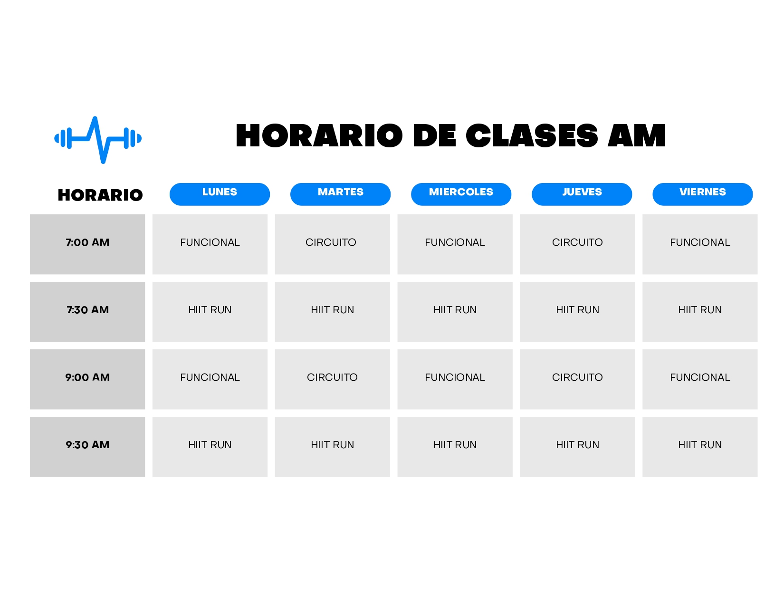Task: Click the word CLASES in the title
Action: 532,135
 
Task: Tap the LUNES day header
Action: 220,194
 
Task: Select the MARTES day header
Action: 340,194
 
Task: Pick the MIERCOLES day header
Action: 461,194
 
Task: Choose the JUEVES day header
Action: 582,194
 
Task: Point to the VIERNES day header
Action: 702,194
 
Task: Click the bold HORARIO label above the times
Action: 100,195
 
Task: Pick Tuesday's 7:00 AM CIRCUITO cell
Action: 332,244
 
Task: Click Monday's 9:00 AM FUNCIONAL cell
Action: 210,379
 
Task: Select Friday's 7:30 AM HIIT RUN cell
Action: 700,312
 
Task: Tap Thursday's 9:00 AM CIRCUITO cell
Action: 577,379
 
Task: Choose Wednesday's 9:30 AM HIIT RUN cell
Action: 455,447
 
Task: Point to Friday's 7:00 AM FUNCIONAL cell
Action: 700,244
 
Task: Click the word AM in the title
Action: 636,135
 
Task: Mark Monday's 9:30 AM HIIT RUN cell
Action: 210,447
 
